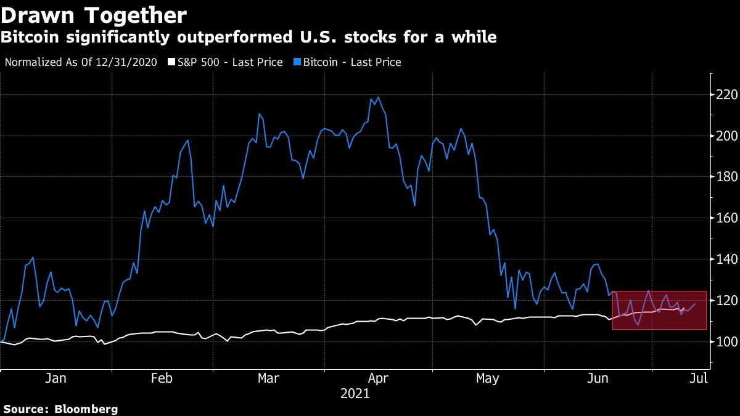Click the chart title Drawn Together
coord(94,15)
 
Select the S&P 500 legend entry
coord(226,62)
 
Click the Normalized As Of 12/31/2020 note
coord(80,62)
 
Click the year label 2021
coord(355,393)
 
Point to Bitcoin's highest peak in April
coord(377,97)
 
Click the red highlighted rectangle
coord(659,310)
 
